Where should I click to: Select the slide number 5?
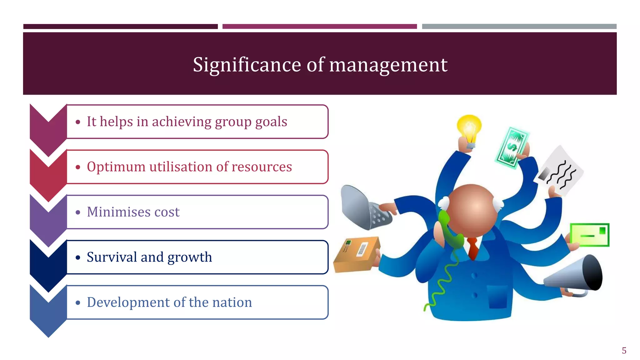click(624, 351)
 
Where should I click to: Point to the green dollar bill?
click(511, 147)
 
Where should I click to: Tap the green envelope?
click(589, 235)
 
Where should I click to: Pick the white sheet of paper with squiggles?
click(559, 172)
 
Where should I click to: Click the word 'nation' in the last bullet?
click(232, 302)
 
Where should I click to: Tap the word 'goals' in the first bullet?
click(271, 122)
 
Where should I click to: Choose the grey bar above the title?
click(519, 27)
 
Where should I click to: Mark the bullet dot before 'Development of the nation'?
click(78, 302)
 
